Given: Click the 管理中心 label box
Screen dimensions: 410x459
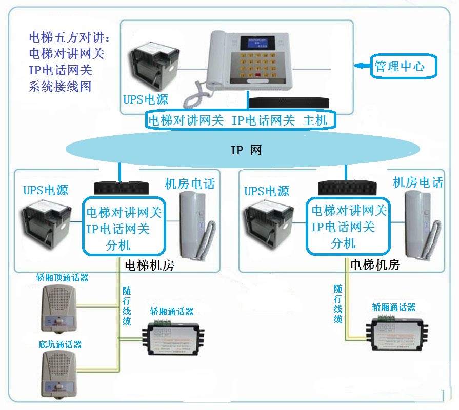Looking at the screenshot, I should [400, 66].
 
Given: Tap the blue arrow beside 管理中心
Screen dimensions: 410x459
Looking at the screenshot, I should [363, 66].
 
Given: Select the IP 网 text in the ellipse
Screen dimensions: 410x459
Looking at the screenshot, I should [246, 150].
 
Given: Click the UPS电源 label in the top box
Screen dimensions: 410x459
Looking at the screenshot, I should [146, 99].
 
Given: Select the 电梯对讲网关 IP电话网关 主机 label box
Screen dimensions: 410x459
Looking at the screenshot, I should [241, 120].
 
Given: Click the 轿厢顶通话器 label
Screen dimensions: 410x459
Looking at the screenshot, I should [63, 278].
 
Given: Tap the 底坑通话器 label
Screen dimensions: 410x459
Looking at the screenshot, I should [59, 344].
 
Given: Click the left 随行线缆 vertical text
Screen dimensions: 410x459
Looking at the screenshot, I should [127, 306].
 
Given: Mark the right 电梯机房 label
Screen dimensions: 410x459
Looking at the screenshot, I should [374, 265].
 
